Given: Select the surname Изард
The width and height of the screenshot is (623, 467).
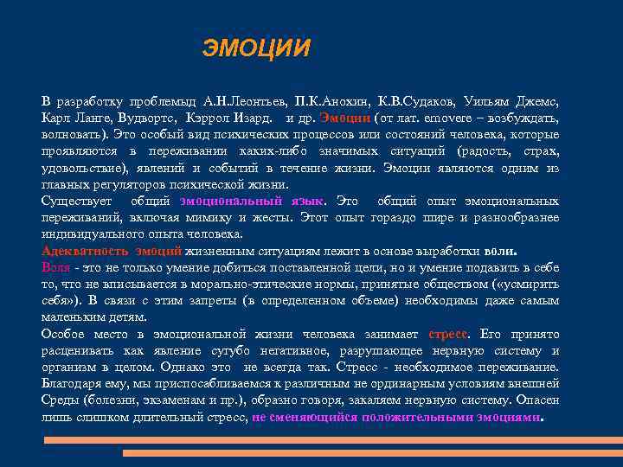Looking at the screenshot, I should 257,118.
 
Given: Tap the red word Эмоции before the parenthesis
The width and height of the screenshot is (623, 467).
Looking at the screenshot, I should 345,118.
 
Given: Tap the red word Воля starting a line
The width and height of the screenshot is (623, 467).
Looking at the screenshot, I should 55,267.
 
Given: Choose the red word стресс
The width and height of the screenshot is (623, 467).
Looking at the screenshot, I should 448,334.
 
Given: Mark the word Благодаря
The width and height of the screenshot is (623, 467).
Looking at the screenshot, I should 73,383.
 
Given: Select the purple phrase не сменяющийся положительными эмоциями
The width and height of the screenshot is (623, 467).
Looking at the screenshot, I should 395,416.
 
